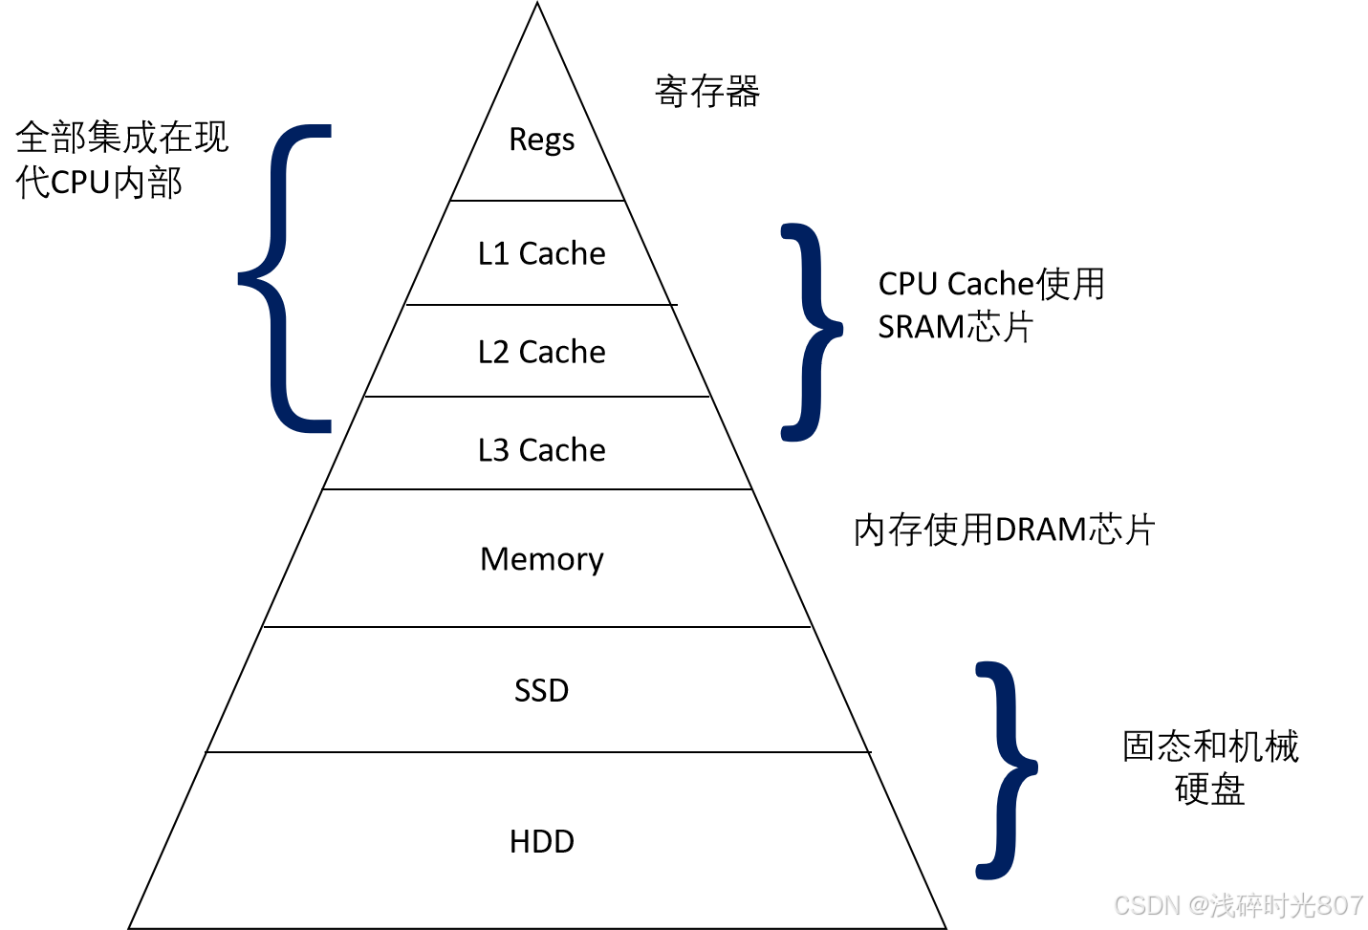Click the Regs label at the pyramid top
[541, 140]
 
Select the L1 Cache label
[541, 253]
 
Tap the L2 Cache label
[541, 352]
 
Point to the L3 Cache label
[541, 449]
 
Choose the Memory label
[541, 559]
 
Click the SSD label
[541, 690]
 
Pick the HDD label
[541, 841]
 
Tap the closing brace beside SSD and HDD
[1006, 768]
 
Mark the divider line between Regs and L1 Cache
[537, 201]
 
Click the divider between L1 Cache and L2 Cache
[537, 305]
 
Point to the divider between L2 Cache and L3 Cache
[537, 397]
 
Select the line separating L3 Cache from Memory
[537, 489]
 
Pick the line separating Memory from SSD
[537, 627]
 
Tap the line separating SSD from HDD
[537, 752]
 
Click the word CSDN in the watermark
[1145, 904]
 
